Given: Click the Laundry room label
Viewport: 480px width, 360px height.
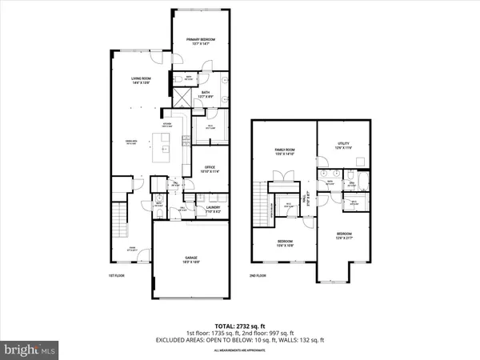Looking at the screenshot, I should pyautogui.click(x=213, y=209).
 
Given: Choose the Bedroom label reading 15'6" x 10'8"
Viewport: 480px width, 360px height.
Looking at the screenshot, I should pyautogui.click(x=286, y=242).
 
